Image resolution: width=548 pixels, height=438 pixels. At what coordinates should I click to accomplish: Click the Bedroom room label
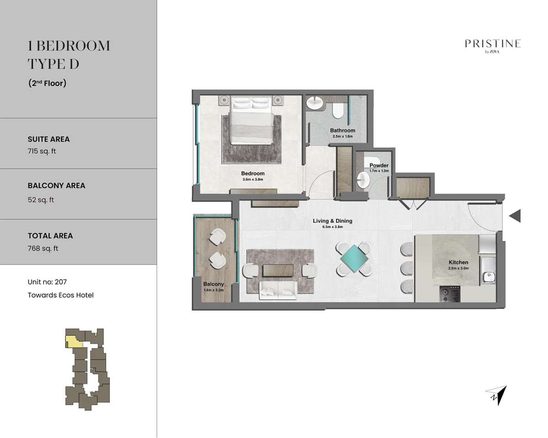253,173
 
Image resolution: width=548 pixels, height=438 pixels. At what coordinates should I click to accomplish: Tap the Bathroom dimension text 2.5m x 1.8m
342,136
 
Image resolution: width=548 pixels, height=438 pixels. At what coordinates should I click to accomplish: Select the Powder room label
379,165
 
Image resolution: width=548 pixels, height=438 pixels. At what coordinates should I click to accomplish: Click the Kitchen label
458,262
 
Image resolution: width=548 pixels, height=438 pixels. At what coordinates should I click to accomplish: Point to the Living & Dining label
332,221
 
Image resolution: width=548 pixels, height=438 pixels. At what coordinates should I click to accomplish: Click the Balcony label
213,284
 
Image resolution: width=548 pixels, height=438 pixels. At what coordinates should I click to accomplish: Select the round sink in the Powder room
363,180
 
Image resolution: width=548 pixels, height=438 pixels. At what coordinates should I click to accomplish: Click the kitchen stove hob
450,294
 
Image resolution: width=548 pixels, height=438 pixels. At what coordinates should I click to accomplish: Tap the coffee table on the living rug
278,270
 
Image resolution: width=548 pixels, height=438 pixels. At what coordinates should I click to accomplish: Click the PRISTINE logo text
493,44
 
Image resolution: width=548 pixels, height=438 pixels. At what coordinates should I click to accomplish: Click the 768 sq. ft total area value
43,248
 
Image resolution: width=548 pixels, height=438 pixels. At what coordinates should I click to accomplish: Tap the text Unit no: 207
47,282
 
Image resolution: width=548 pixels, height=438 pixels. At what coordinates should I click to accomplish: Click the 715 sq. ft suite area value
42,151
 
